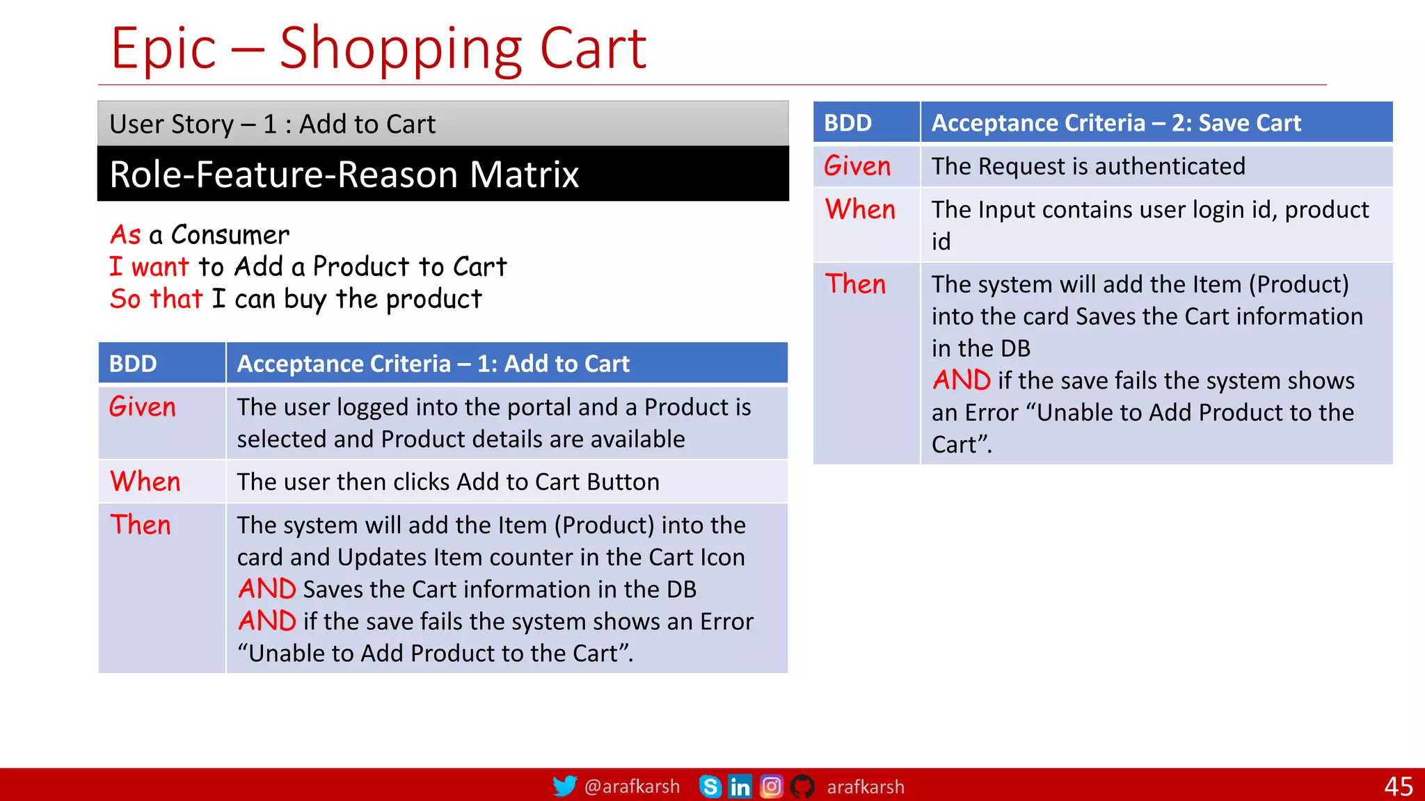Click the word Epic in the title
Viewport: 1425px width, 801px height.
pyautogui.click(x=164, y=49)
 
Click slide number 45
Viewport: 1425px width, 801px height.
pyautogui.click(x=1398, y=786)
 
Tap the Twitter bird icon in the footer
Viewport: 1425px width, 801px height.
pyautogui.click(x=564, y=786)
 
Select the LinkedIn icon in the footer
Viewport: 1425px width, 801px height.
pyautogui.click(x=740, y=786)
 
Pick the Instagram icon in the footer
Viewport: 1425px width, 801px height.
pyautogui.click(x=771, y=786)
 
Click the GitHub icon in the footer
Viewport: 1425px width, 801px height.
pyautogui.click(x=802, y=786)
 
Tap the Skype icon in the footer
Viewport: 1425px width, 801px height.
pyautogui.click(x=710, y=786)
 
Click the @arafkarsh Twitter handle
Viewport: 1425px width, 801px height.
pyautogui.click(x=632, y=786)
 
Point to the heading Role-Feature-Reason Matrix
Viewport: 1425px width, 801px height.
pyautogui.click(x=344, y=174)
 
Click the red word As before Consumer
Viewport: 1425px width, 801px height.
pyautogui.click(x=125, y=235)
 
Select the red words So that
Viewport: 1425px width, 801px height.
pyautogui.click(x=156, y=299)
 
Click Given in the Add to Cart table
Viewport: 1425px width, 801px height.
pyautogui.click(x=143, y=407)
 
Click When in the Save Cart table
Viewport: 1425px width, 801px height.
pyautogui.click(x=860, y=209)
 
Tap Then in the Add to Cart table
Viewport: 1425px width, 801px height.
pyautogui.click(x=141, y=525)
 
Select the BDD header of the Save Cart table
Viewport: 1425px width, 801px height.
pyautogui.click(x=847, y=123)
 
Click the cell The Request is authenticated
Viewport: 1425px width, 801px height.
pyautogui.click(x=1088, y=166)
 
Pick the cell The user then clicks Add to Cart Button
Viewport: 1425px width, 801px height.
pyautogui.click(x=448, y=482)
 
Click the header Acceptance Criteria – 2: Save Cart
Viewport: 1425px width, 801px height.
pyautogui.click(x=1116, y=123)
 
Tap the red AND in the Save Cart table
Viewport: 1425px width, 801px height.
pyautogui.click(x=961, y=380)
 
